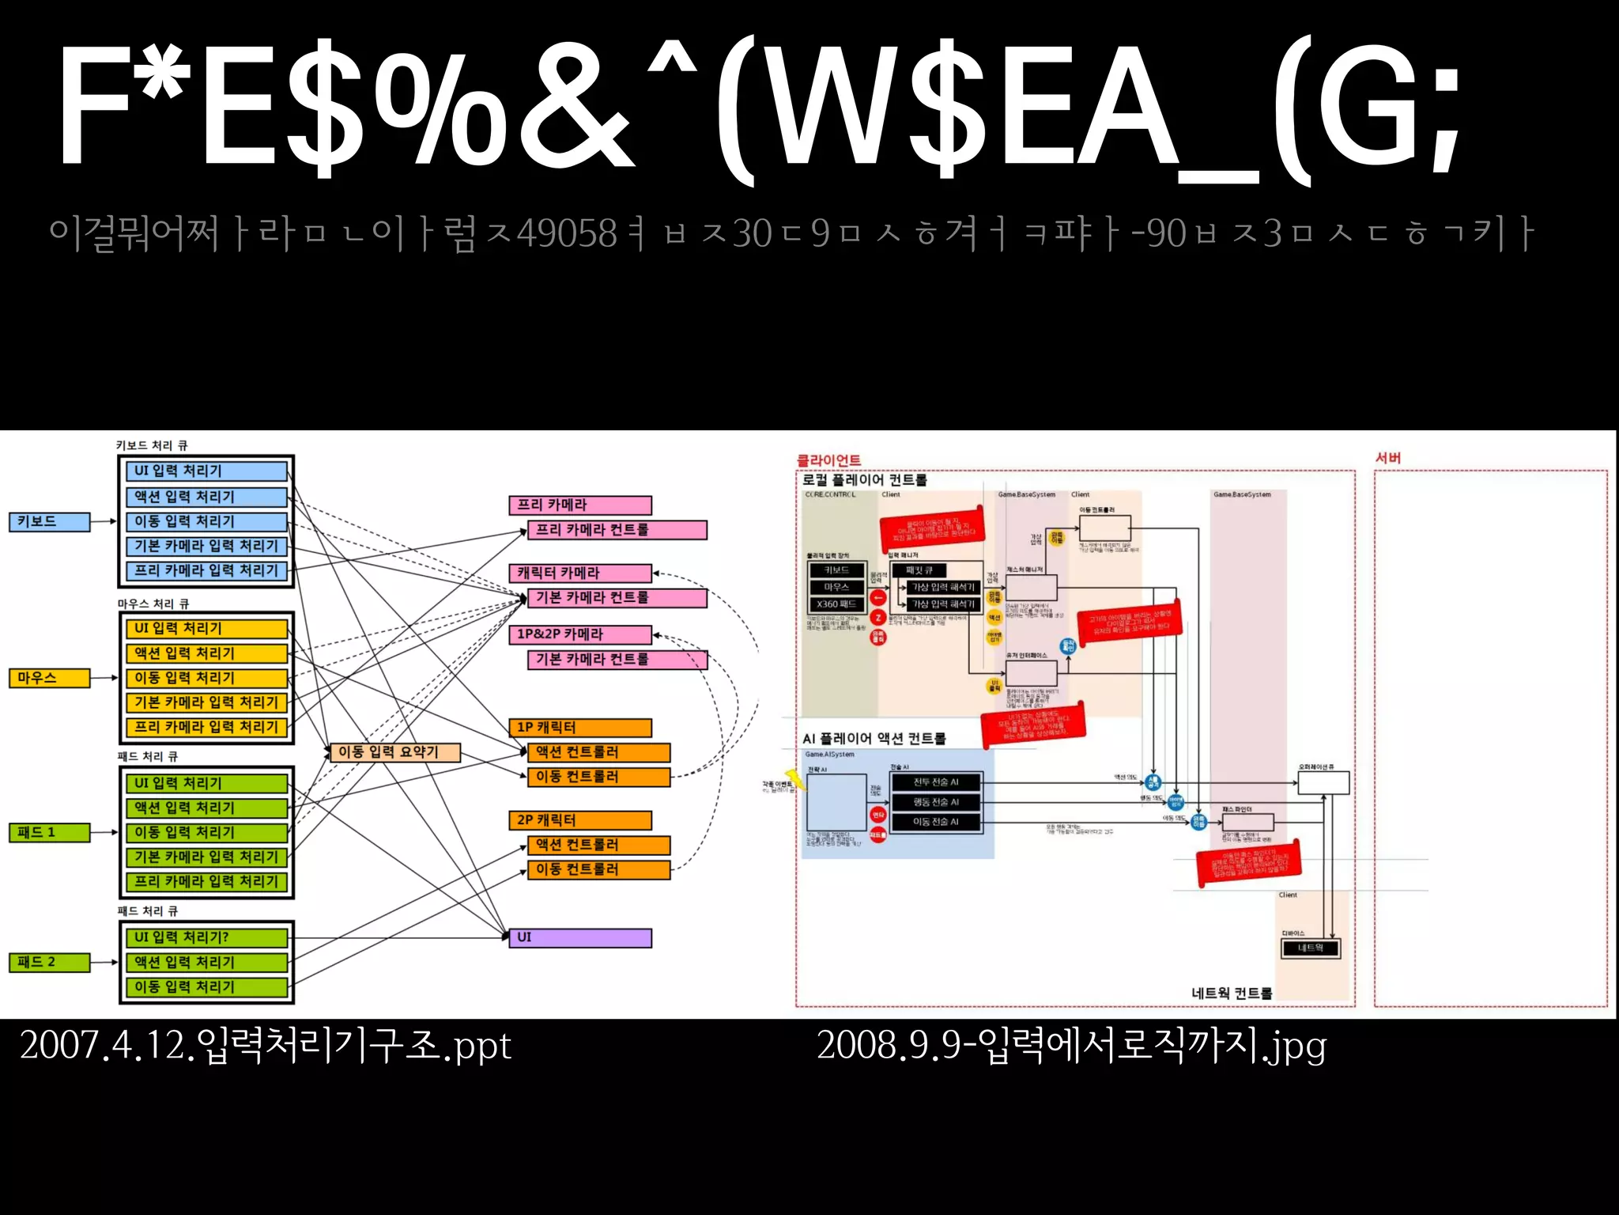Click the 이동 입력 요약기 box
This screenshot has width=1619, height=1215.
click(x=394, y=751)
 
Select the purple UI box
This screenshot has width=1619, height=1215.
click(x=580, y=937)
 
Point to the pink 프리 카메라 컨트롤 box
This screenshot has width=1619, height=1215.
click(x=617, y=529)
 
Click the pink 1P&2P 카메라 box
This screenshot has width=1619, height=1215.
click(x=580, y=634)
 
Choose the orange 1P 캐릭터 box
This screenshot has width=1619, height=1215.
click(x=580, y=727)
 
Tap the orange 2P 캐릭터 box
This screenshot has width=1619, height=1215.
click(x=580, y=820)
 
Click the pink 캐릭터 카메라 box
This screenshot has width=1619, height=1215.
click(x=580, y=573)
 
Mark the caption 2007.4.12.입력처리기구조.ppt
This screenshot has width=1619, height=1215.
click(x=266, y=1046)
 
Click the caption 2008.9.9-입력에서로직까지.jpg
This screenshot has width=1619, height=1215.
click(x=1071, y=1046)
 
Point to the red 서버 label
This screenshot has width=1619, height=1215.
click(x=1388, y=458)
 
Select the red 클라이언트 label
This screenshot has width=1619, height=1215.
click(x=828, y=460)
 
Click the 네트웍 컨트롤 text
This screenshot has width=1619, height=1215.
click(x=1232, y=994)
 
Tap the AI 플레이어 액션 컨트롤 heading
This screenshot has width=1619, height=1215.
click(x=874, y=738)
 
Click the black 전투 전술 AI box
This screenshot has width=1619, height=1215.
click(x=936, y=782)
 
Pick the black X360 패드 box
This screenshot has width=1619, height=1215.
click(x=836, y=604)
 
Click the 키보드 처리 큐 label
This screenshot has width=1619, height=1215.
click(x=152, y=445)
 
